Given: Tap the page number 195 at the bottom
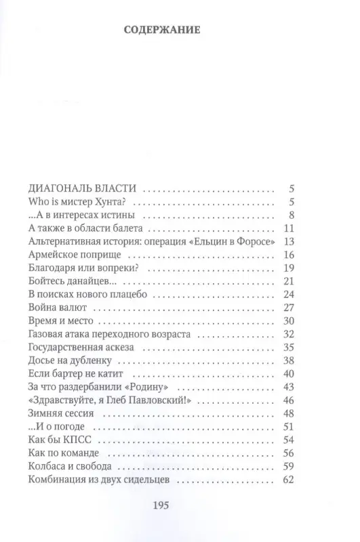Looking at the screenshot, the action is [x=180, y=505].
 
